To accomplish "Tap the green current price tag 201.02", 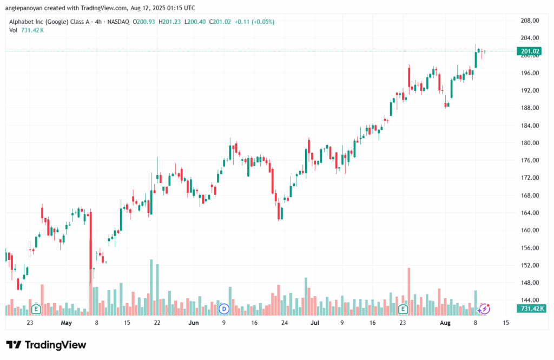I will (530, 52).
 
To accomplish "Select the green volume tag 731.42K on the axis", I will (531, 309).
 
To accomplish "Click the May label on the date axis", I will (67, 323).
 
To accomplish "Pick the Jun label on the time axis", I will (194, 323).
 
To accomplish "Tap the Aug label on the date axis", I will (445, 323).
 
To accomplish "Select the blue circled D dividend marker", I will (224, 309).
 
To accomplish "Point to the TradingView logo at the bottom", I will (46, 345).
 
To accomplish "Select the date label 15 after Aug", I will (506, 323).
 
